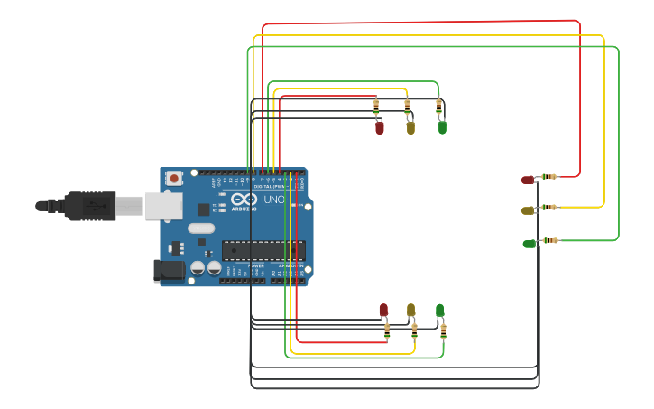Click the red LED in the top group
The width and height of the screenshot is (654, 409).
(x=380, y=127)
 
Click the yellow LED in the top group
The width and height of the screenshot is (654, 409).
(x=410, y=127)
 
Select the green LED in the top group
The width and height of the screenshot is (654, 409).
(x=442, y=127)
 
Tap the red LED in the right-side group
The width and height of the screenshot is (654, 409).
(x=528, y=180)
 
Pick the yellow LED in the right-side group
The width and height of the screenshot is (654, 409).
(x=528, y=210)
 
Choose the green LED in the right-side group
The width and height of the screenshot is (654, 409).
(x=529, y=244)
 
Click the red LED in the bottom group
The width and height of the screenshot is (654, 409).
(x=383, y=311)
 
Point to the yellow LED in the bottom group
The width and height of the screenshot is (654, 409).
(x=410, y=311)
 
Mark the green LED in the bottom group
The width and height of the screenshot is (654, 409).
(x=440, y=311)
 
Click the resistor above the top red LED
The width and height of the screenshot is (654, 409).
(x=376, y=107)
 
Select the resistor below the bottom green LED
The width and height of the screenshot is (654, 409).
(x=443, y=330)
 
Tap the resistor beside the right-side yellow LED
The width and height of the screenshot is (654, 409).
(x=549, y=208)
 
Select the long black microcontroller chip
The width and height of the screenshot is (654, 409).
(x=263, y=250)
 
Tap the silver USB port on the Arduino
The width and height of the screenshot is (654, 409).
(x=163, y=207)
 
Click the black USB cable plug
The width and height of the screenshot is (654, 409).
(x=89, y=206)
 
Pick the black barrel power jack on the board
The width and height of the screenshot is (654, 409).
(x=169, y=270)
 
